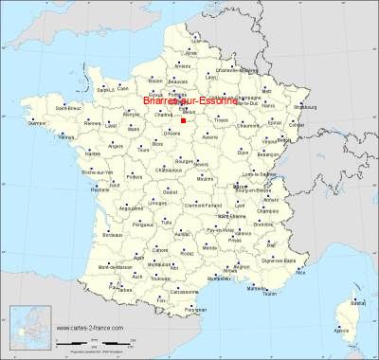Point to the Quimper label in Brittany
click(37, 121)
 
